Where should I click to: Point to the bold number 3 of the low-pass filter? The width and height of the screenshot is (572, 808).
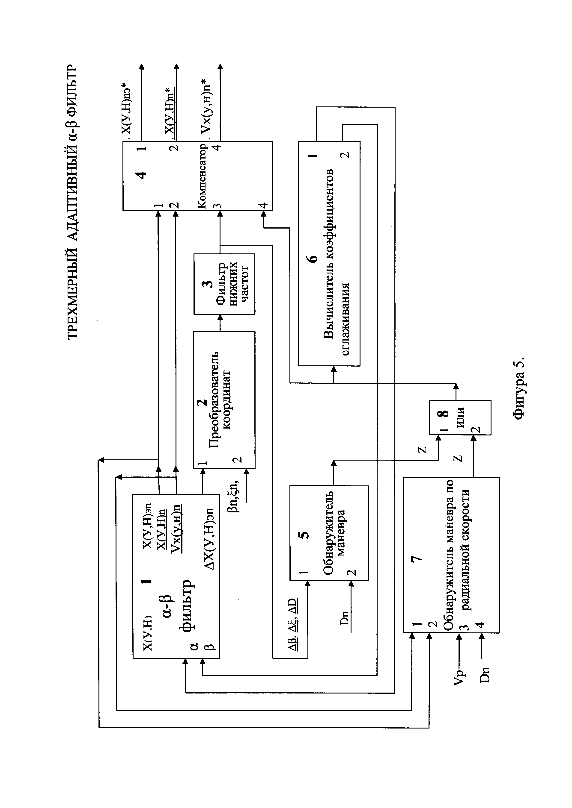[209, 284]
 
